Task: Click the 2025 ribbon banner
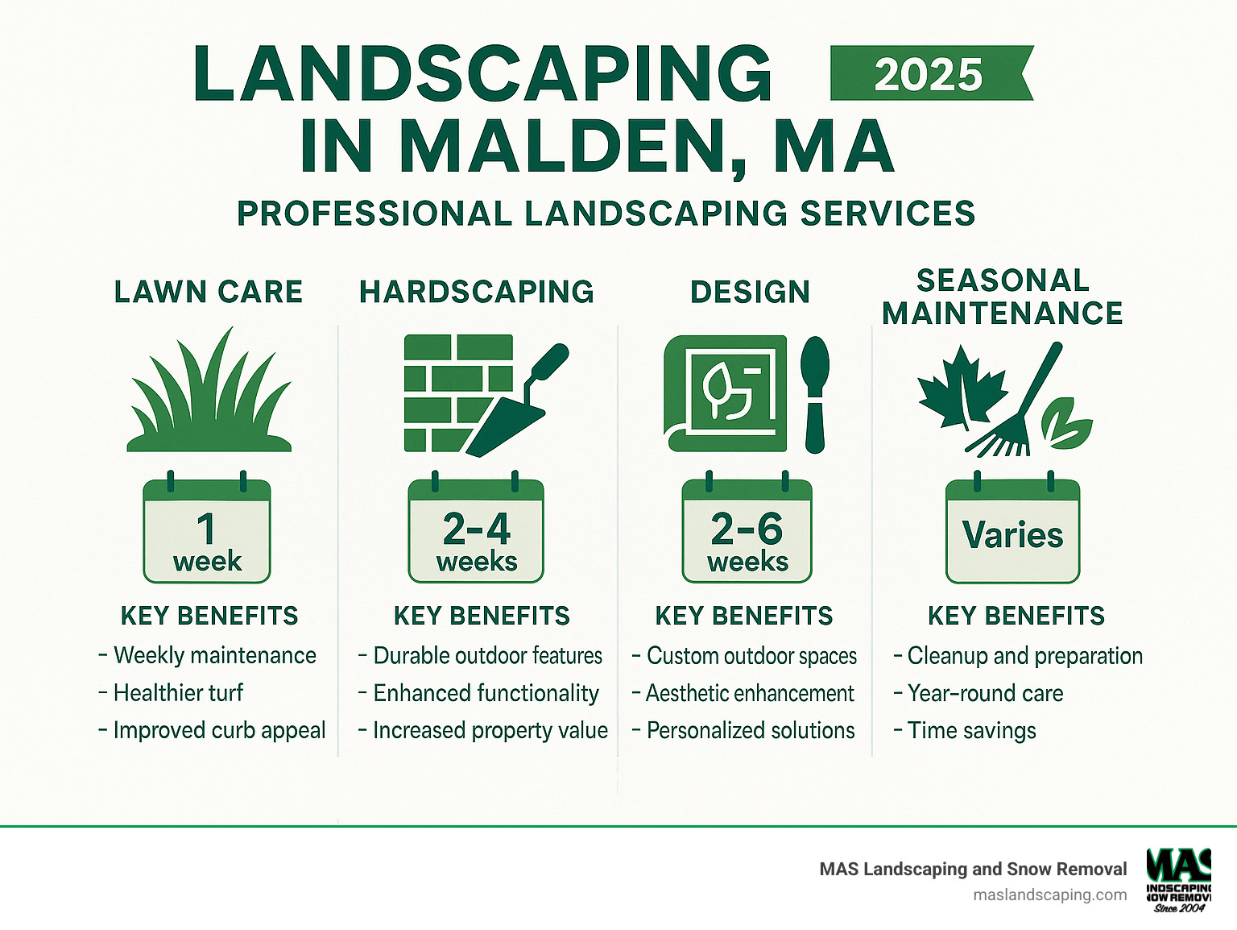tap(930, 74)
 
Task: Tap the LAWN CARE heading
tap(209, 292)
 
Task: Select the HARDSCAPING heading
tap(477, 292)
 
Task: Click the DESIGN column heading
tap(750, 292)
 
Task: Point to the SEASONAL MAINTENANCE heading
tap(1003, 297)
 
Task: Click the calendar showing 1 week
tap(207, 532)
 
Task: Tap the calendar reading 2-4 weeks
tap(476, 532)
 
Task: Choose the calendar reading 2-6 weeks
tap(747, 532)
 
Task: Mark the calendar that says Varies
tap(1012, 532)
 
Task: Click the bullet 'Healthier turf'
tap(178, 693)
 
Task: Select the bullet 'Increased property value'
tap(490, 730)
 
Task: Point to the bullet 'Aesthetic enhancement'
tap(750, 693)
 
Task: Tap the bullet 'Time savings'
tap(971, 730)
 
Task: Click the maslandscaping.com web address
tap(1049, 895)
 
